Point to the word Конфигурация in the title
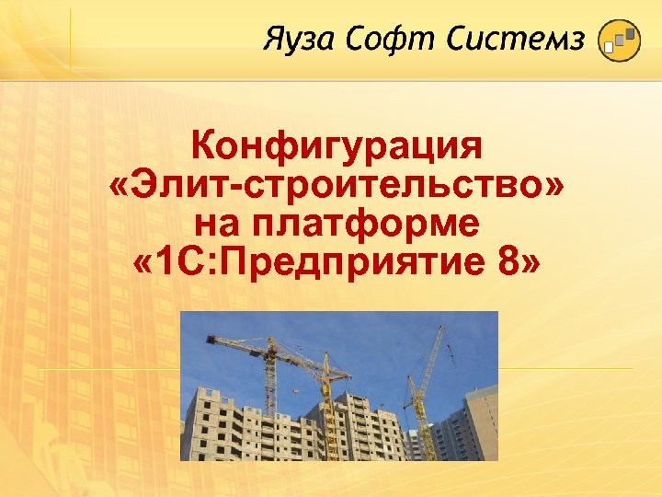click(337, 147)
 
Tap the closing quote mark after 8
click(531, 265)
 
